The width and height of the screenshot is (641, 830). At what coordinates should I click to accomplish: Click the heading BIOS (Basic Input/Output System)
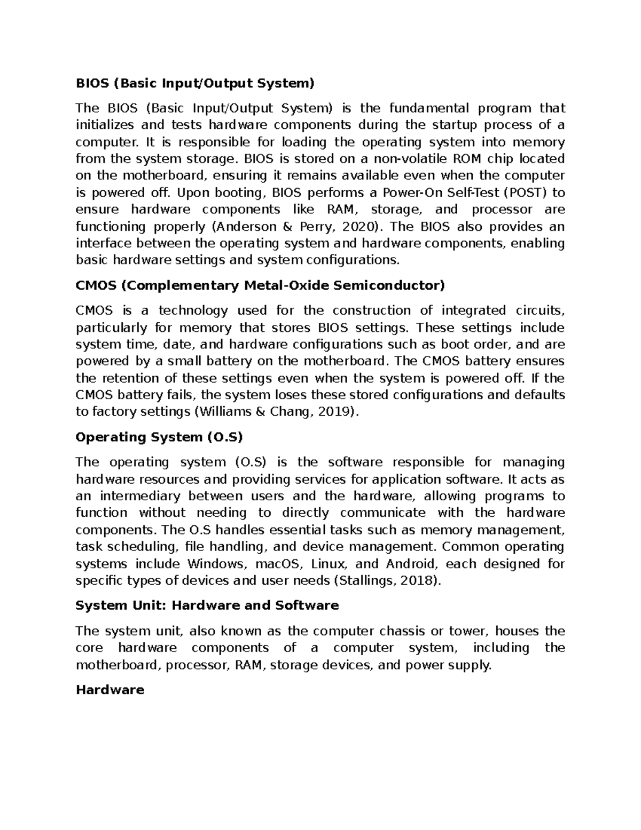(x=195, y=83)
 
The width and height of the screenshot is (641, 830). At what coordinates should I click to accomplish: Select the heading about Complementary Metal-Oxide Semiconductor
(x=260, y=285)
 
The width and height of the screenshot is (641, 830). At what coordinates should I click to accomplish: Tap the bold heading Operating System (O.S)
(x=159, y=437)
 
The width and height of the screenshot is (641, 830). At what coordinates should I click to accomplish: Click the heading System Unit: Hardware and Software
(x=207, y=606)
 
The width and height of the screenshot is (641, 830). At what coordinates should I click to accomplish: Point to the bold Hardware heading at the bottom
(x=110, y=690)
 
